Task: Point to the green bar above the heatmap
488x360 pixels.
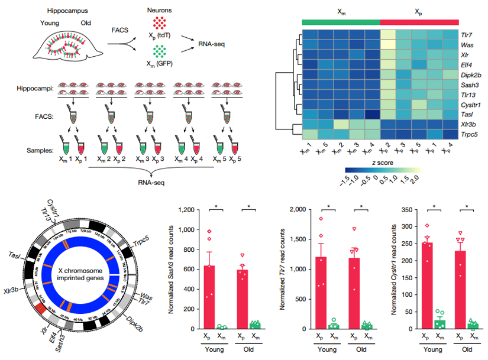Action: click(x=340, y=22)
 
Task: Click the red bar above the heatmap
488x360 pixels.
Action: click(x=419, y=22)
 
